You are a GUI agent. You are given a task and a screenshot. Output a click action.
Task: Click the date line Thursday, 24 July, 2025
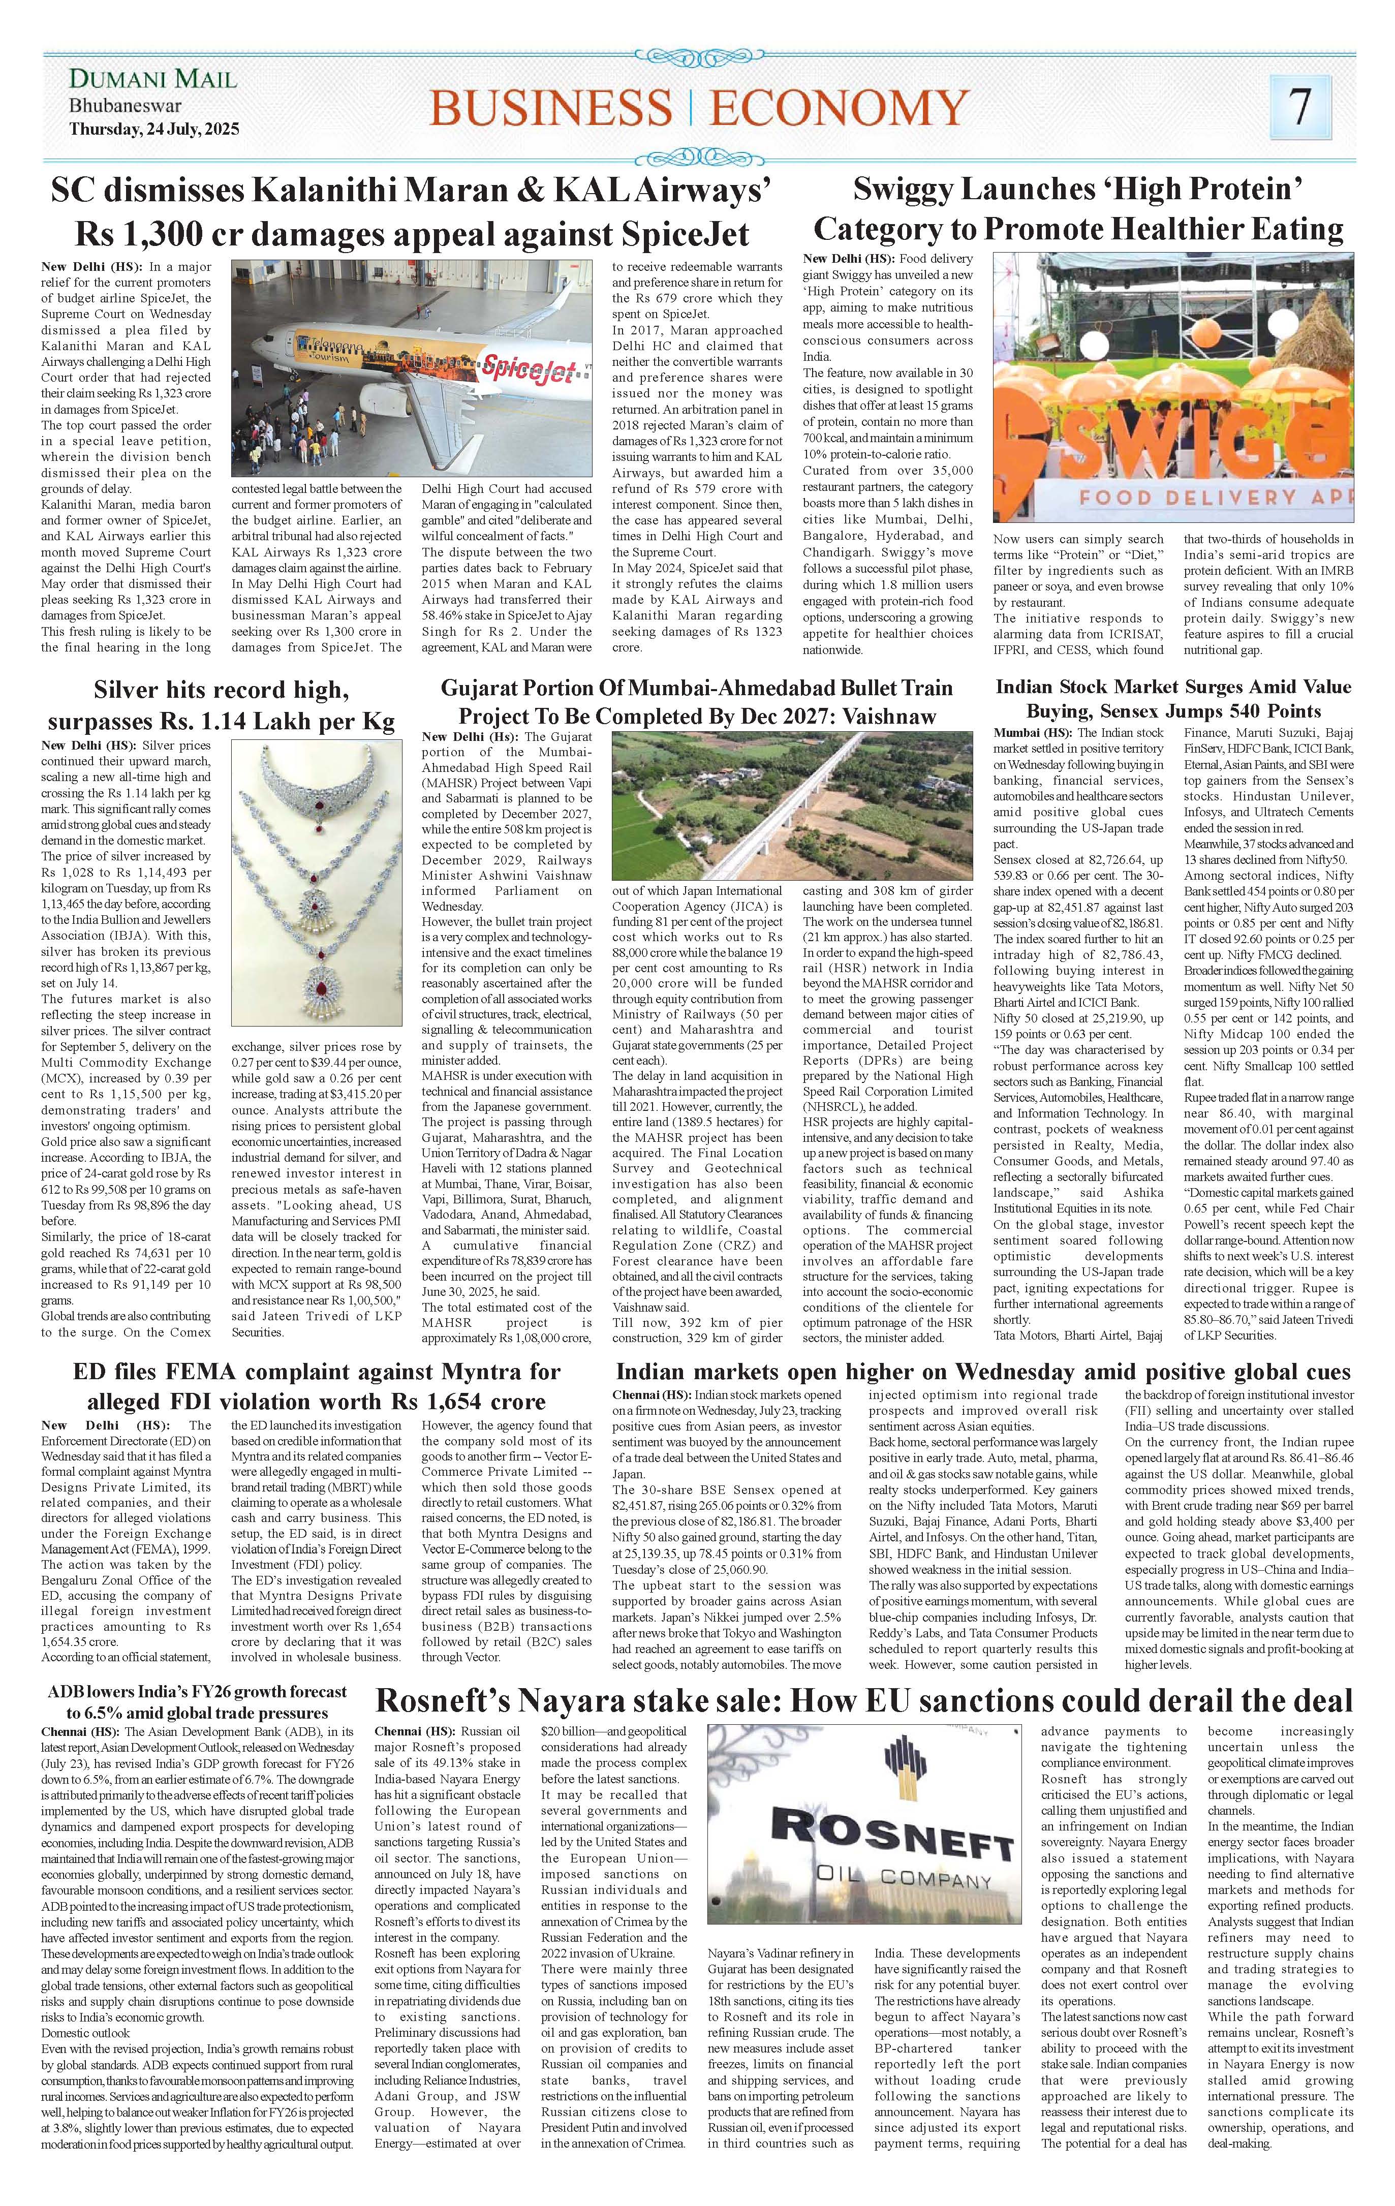point(154,129)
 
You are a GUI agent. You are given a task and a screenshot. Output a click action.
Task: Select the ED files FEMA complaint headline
point(316,1386)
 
